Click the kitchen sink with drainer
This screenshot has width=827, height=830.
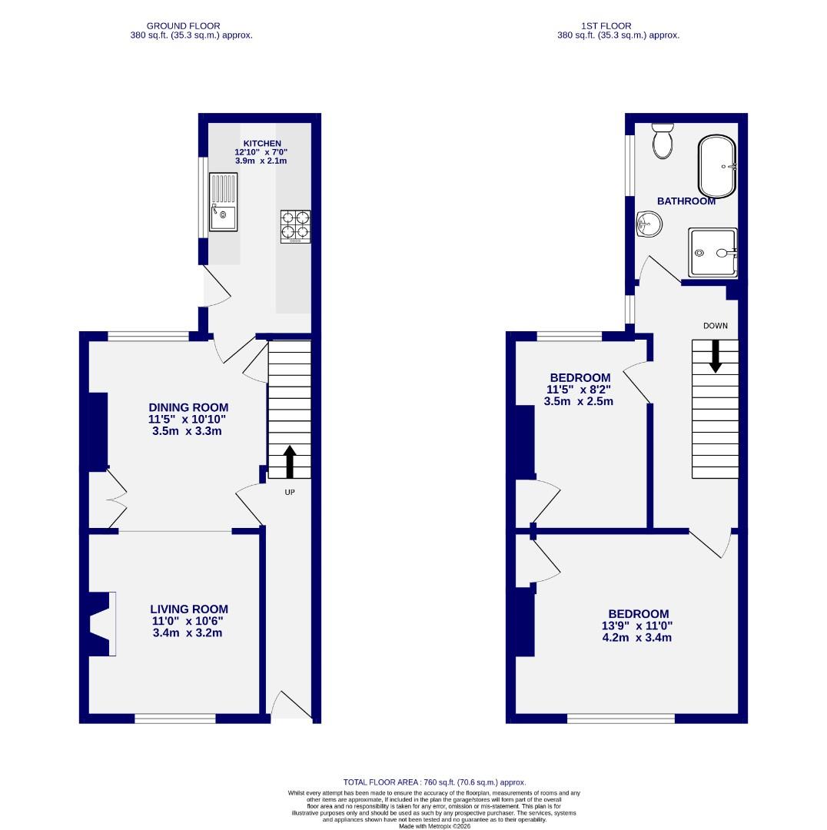tap(223, 202)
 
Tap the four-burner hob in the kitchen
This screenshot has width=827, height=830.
tap(296, 227)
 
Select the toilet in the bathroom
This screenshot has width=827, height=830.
tap(662, 141)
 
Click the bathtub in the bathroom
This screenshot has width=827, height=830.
tap(716, 167)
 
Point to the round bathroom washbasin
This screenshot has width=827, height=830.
tap(649, 225)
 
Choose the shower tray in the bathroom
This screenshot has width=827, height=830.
tap(712, 252)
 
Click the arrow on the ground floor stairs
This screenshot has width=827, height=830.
tap(290, 461)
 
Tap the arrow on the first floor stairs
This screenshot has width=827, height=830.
tap(715, 355)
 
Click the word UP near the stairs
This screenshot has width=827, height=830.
tap(290, 492)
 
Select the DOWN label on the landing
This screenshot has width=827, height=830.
tap(715, 326)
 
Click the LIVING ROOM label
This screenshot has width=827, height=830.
tap(189, 609)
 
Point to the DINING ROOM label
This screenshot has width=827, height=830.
tap(189, 407)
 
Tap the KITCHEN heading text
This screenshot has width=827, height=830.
tap(262, 144)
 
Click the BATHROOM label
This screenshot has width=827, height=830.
tap(686, 201)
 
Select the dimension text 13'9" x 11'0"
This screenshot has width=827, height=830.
tap(639, 626)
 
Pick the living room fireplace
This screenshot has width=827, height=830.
tap(102, 623)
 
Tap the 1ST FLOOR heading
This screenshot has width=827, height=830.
tap(617, 26)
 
